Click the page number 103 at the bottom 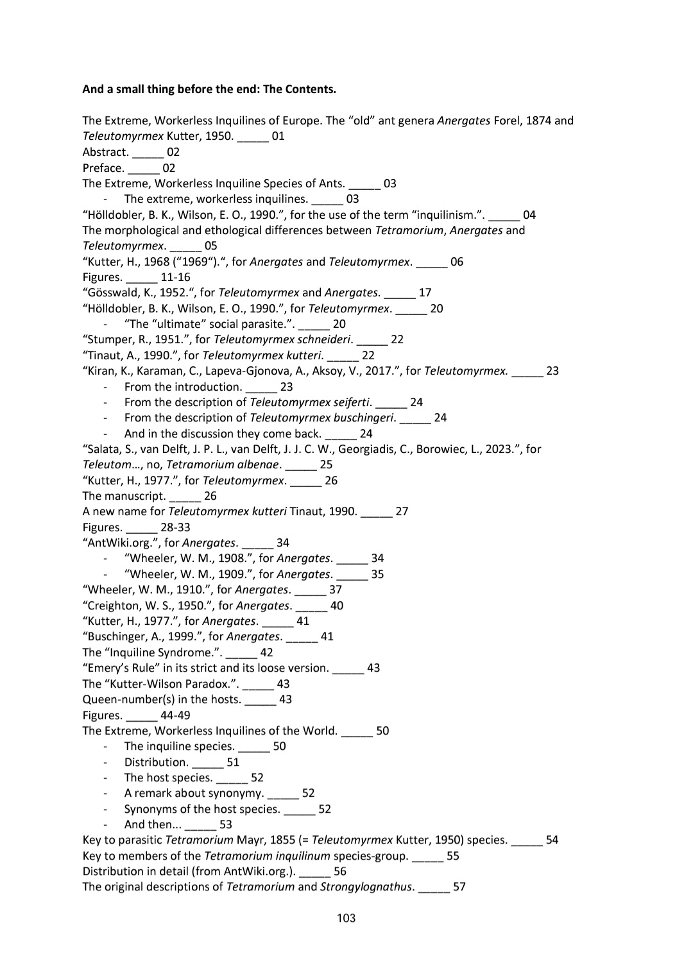point(346,918)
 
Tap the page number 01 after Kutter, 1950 point(278,136)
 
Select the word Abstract point(105,152)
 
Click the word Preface point(103,168)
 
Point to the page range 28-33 point(175,527)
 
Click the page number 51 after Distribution point(233,762)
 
